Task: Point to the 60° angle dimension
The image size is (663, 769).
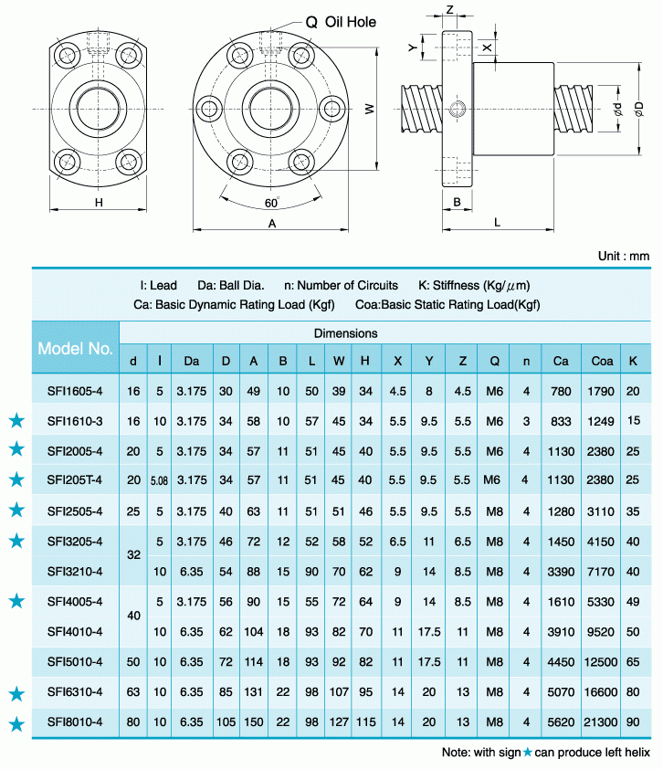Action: coord(271,203)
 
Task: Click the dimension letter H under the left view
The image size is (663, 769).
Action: coord(98,203)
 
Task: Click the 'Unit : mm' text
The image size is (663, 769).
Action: coord(623,257)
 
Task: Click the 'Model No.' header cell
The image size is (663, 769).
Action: coord(76,348)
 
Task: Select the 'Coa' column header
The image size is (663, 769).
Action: coord(602,361)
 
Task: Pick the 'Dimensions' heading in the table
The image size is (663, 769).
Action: coord(345,333)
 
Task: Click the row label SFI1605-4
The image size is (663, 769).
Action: coord(76,391)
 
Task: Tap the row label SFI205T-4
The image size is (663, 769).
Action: coord(76,480)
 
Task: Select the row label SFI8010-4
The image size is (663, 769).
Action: coord(76,722)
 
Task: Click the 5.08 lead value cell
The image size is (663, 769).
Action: coord(160,480)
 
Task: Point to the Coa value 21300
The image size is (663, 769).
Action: coord(602,722)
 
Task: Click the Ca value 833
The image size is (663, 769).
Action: coord(561,421)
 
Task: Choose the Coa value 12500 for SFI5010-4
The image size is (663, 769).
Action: coord(602,661)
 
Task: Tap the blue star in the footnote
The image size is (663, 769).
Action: coord(527,753)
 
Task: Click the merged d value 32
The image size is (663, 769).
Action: coord(134,554)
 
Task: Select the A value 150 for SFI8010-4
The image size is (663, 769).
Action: coord(253,722)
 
